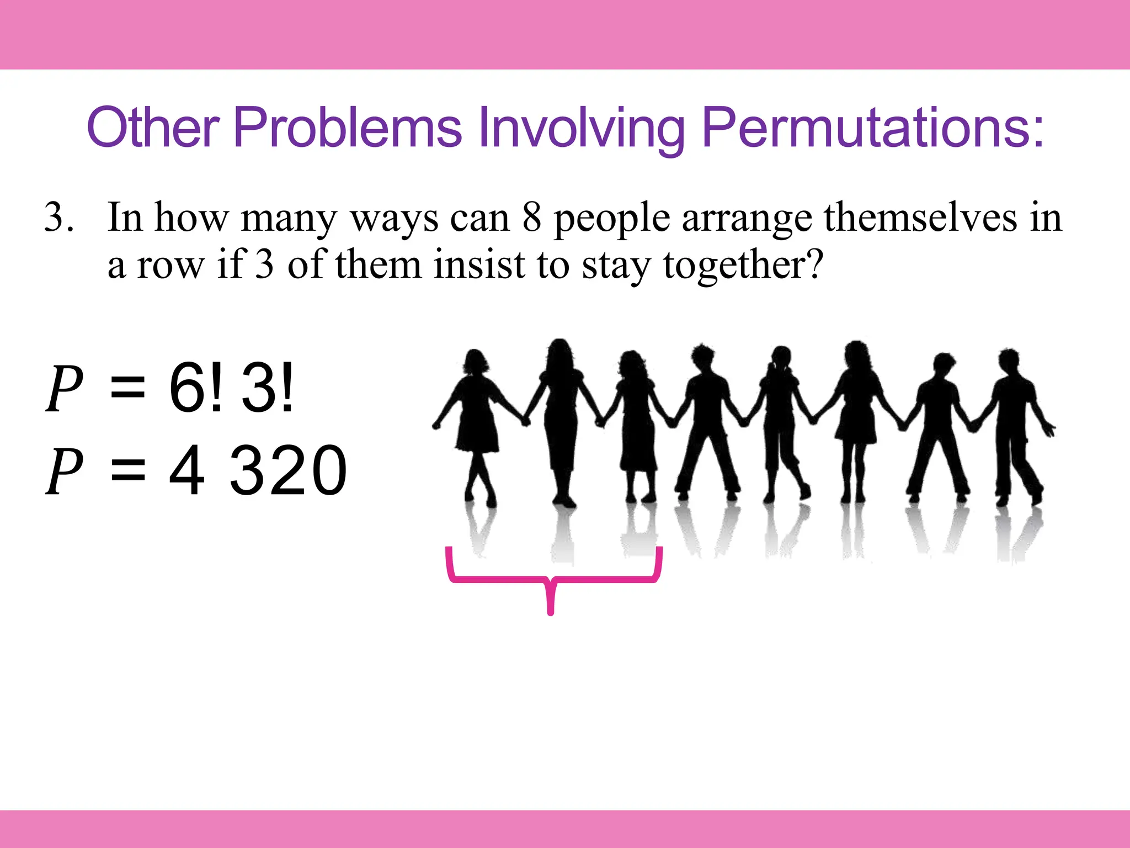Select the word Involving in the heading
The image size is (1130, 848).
581,128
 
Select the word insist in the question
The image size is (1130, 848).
479,264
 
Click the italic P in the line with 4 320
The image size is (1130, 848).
64,470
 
